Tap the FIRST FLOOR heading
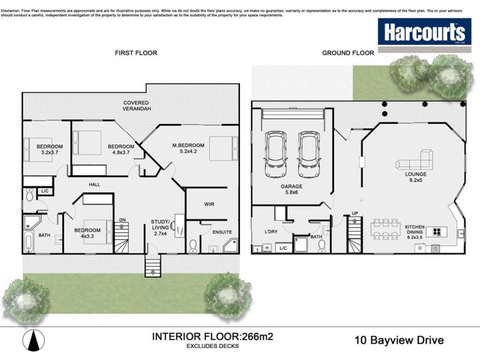[136, 53]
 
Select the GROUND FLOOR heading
[348, 53]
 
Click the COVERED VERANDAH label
[137, 106]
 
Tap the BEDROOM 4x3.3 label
[88, 233]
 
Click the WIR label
[209, 205]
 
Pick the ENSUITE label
[221, 232]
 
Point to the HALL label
[94, 185]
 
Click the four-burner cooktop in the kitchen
[436, 232]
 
